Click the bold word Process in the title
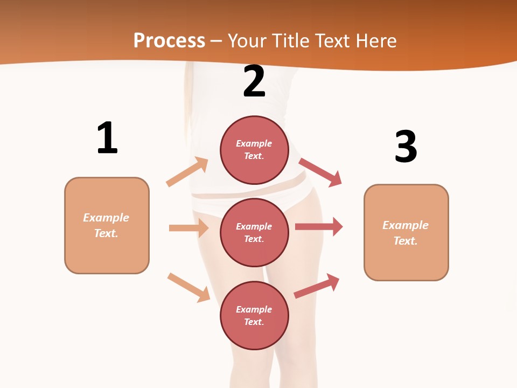click(169, 40)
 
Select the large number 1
click(107, 138)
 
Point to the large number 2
click(254, 81)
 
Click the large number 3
click(406, 147)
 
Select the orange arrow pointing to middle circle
click(188, 228)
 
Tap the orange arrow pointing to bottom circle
click(189, 287)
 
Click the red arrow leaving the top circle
click(320, 172)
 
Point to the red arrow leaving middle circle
click(319, 226)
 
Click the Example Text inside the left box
click(106, 225)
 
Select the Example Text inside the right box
click(406, 233)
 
